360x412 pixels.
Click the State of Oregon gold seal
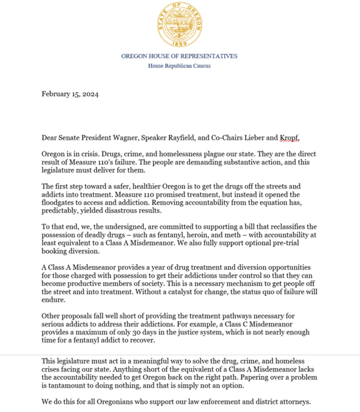(179, 25)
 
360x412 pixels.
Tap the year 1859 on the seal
(179, 43)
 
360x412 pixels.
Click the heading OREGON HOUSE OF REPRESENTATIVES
(179, 56)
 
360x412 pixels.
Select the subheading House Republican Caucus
(179, 66)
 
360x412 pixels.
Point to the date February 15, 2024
(70, 94)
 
